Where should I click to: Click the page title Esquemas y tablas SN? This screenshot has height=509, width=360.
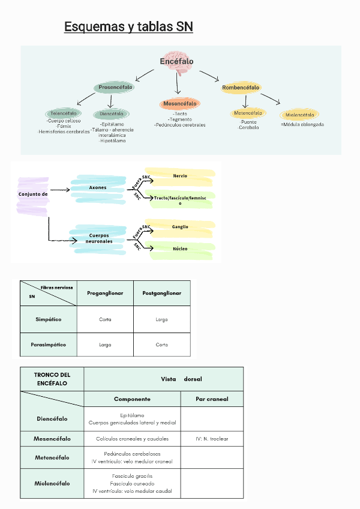[x=128, y=27]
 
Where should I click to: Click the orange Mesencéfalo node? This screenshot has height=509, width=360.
[x=180, y=104]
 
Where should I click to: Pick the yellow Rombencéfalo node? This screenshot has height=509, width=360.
[x=241, y=88]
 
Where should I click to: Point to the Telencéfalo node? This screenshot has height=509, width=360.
[x=63, y=113]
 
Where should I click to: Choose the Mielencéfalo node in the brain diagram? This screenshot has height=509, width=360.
[x=300, y=115]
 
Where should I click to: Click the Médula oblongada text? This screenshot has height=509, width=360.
[x=302, y=125]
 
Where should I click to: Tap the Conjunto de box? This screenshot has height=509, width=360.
[x=33, y=194]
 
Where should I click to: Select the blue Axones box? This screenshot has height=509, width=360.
[x=98, y=187]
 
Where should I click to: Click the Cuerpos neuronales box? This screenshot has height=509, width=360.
[x=99, y=238]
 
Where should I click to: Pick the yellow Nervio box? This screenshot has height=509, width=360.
[x=180, y=176]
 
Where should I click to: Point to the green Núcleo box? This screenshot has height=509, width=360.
[x=180, y=248]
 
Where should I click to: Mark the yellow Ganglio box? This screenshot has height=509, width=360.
[x=180, y=227]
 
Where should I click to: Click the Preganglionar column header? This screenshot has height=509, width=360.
[x=105, y=294]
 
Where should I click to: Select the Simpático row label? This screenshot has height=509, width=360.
[x=48, y=319]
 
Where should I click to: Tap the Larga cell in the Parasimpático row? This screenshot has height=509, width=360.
[x=105, y=345]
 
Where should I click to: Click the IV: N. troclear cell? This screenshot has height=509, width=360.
[x=212, y=439]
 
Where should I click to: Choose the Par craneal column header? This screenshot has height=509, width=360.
[x=212, y=399]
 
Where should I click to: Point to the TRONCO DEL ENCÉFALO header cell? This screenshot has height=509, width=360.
[x=52, y=379]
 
